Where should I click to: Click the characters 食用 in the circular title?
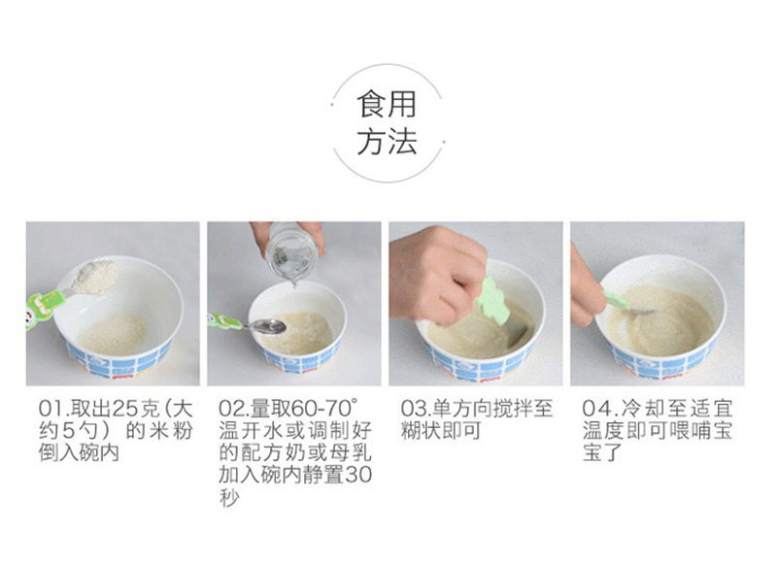(387, 105)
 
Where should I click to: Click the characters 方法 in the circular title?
(387, 142)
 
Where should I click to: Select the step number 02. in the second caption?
(234, 409)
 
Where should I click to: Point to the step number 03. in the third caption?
(417, 409)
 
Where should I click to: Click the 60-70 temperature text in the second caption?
(324, 409)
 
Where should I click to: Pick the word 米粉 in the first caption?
(170, 431)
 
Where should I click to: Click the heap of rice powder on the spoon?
(94, 277)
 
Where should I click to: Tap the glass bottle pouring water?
(291, 252)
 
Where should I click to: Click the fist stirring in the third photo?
(438, 274)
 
